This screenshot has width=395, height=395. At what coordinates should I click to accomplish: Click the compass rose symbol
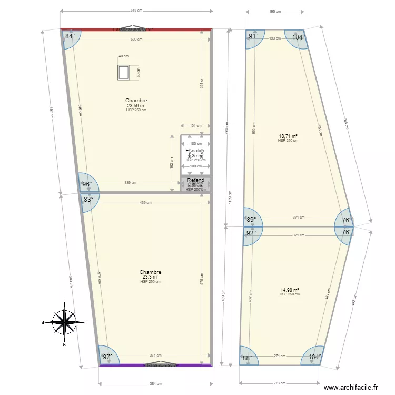coord(64,321)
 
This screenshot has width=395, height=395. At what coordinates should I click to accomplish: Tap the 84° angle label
coord(70,36)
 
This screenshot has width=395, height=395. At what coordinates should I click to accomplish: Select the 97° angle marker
coord(107,357)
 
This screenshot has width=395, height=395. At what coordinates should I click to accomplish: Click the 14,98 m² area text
coord(289,290)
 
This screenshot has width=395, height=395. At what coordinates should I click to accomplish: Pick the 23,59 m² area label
coord(136,105)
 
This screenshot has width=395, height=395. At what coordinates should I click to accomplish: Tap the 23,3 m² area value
coord(150,277)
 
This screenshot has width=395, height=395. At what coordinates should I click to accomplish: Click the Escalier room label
coord(195,151)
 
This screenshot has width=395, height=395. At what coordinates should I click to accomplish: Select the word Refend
coord(195,180)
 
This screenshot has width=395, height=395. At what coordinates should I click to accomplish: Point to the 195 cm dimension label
coord(275,11)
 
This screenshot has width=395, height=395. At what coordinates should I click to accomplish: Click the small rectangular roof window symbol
coord(124,73)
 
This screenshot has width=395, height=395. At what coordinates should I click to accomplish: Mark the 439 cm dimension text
coord(146,202)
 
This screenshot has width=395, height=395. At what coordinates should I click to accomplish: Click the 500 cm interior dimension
coord(137,39)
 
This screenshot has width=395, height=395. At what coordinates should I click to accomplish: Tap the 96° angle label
coord(87,184)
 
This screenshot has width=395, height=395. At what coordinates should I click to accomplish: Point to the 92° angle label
coord(251,233)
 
